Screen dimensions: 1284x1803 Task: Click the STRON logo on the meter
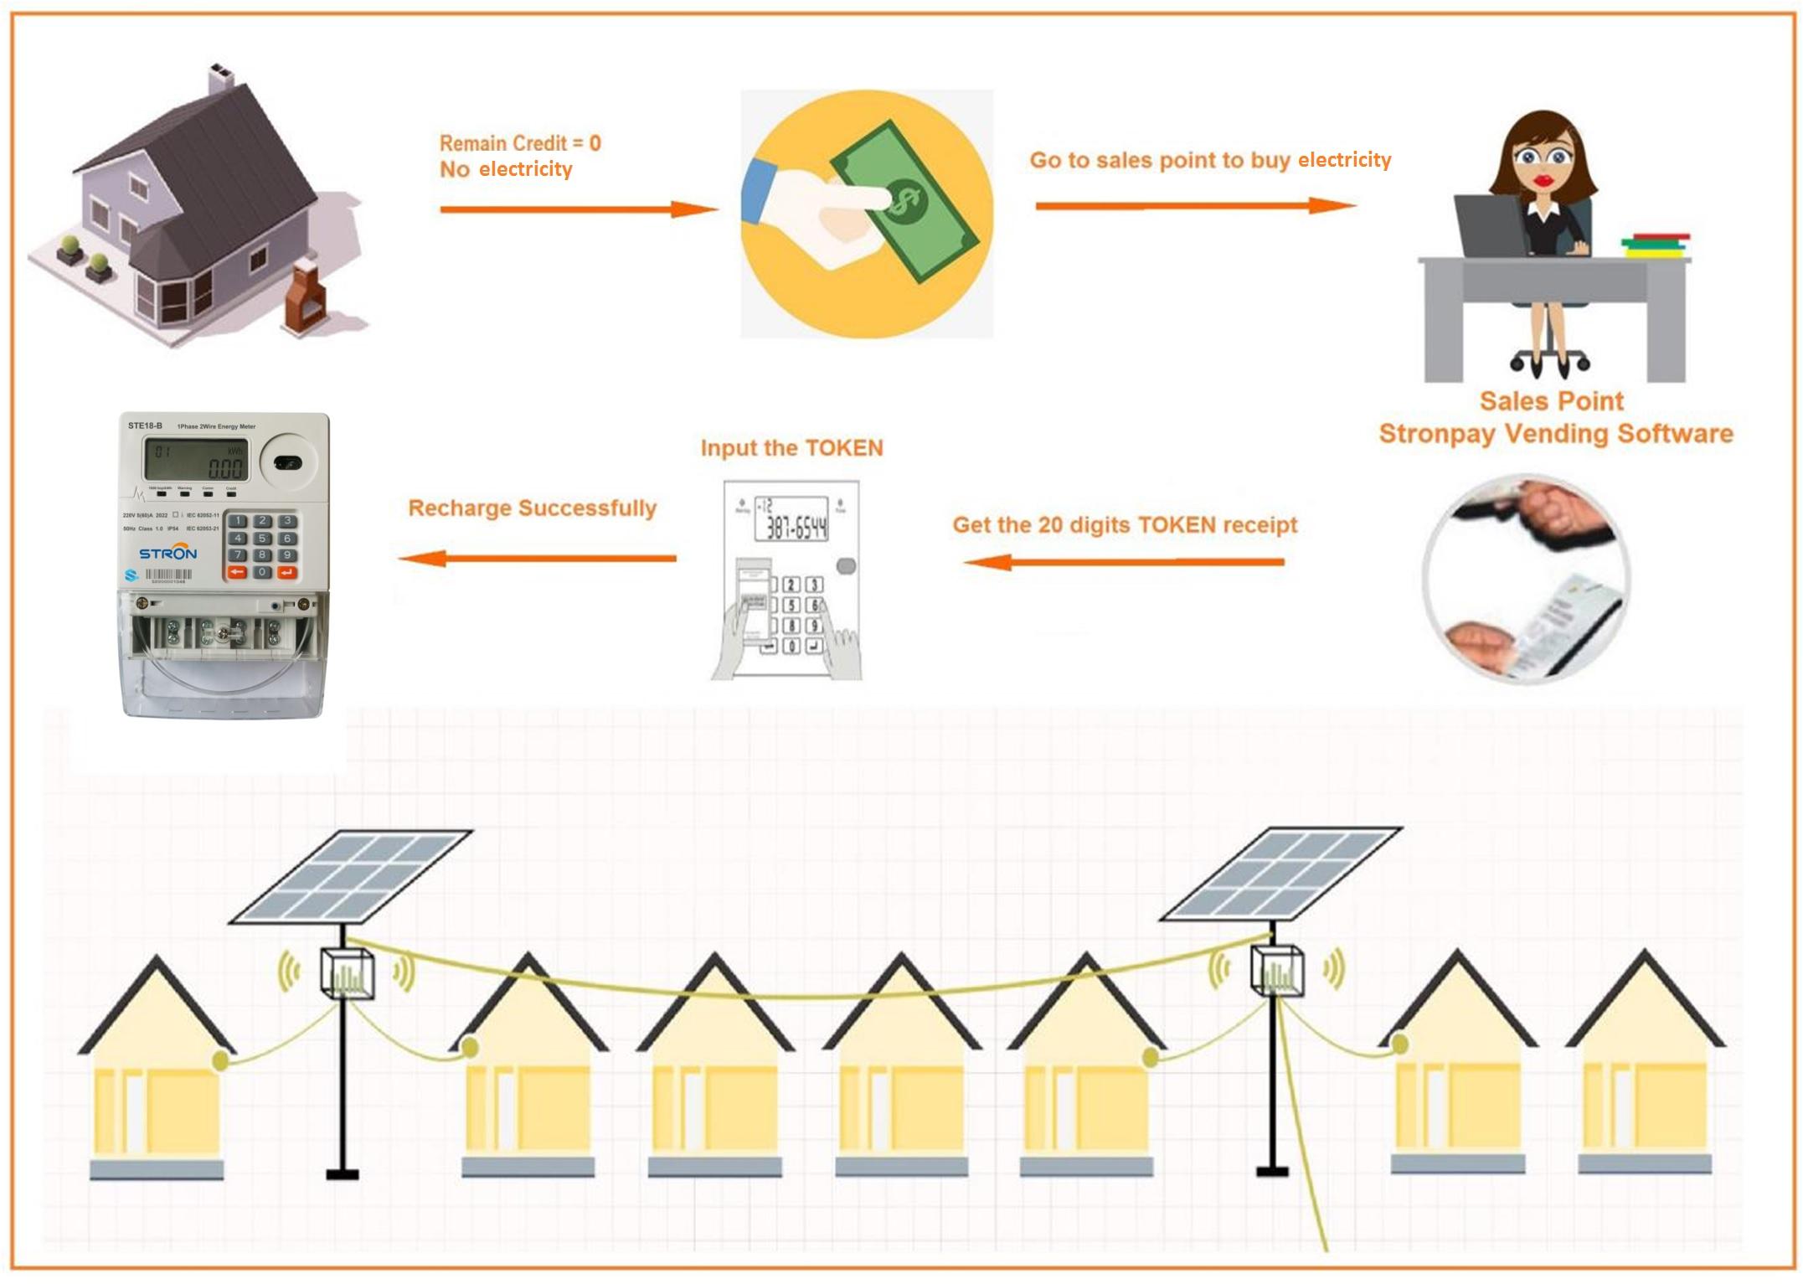point(167,554)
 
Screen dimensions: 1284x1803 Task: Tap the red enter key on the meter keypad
point(286,572)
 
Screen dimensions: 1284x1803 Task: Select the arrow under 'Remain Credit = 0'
point(578,209)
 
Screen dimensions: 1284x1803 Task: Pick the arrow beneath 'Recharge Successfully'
point(537,558)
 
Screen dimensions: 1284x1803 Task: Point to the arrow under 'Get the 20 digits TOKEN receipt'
point(1123,561)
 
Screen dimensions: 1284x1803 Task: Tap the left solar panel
point(351,875)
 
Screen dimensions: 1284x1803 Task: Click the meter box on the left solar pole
point(348,974)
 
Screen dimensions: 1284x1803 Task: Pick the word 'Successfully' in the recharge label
point(587,508)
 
